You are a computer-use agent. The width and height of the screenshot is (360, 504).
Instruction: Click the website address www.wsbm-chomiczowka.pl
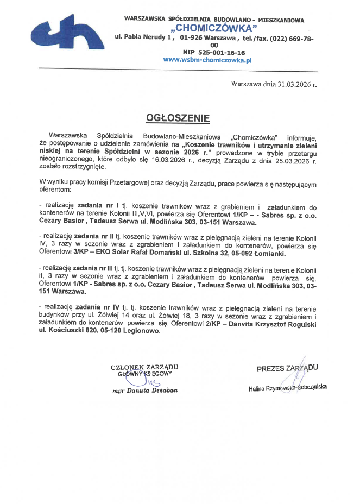pos(208,60)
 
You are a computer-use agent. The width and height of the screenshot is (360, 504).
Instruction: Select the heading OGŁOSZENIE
pos(177,117)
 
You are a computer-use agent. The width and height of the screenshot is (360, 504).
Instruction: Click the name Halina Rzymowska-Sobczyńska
pos(287,388)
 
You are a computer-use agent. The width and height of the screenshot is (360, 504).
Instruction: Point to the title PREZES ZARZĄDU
pos(287,368)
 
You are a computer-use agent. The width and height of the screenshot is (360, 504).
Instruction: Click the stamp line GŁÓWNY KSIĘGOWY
pos(144,374)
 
